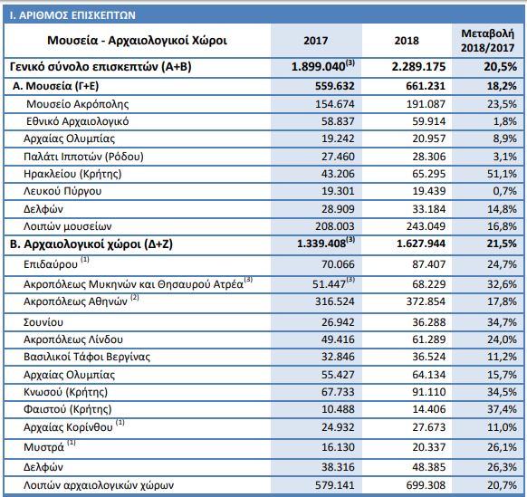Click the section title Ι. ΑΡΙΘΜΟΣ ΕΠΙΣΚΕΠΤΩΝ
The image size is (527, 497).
coord(72,15)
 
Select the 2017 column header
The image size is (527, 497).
coord(316,41)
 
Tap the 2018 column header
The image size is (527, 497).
coord(407,41)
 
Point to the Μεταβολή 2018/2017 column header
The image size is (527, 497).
coord(488,41)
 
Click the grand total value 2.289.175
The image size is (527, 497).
coord(418,66)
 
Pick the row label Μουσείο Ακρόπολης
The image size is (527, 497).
coord(78,104)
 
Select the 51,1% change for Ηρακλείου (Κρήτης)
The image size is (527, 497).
coord(502,174)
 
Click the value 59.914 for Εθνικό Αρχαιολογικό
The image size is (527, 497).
coord(429,121)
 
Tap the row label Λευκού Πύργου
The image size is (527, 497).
coord(62,191)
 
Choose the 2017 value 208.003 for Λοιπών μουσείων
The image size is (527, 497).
coord(335,226)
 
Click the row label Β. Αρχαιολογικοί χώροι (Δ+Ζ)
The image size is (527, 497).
coord(91,244)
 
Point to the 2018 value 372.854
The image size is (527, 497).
coord(426,301)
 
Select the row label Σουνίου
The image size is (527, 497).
coord(43,322)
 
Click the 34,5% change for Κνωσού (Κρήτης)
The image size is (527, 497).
coord(502,392)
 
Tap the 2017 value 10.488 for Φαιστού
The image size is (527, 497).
coord(338,409)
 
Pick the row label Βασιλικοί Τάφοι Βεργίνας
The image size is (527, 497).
coord(87,357)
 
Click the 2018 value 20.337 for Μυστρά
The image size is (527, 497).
coord(429,447)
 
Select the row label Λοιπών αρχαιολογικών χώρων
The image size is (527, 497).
coord(99,485)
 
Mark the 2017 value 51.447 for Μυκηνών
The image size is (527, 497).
coord(330,284)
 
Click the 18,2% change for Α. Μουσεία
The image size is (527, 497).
coord(502,86)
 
